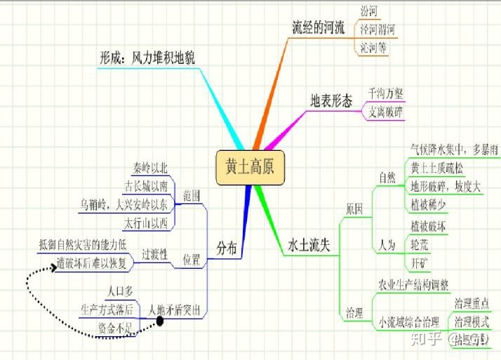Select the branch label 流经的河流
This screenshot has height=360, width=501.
click(318, 27)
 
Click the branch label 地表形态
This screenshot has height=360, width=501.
click(331, 100)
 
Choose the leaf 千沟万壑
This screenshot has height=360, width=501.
click(386, 93)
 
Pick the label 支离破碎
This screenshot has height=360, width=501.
click(386, 111)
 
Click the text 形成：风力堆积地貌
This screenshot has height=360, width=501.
click(152, 59)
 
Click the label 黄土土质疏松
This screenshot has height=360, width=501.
click(436, 168)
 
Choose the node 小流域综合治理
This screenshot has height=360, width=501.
click(409, 322)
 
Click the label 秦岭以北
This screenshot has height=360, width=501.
click(150, 168)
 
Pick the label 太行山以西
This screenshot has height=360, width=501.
click(146, 223)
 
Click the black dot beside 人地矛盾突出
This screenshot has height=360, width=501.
click(159, 321)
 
